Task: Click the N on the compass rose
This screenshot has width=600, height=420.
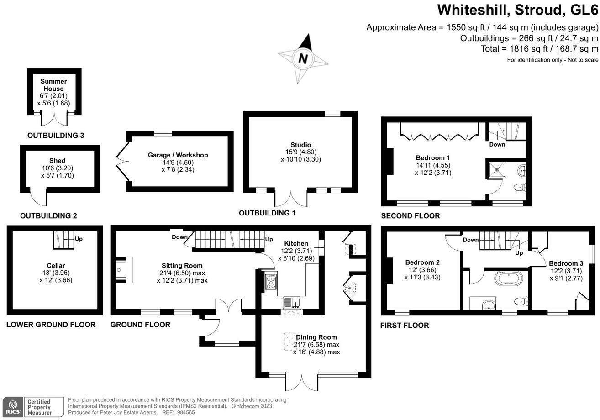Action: click(x=302, y=58)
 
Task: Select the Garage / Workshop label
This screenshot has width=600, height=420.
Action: click(x=178, y=155)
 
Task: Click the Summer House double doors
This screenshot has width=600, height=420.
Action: click(x=53, y=119)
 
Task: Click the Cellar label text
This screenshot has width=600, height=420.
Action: click(x=56, y=266)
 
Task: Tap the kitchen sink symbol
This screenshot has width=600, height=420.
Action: click(x=291, y=302)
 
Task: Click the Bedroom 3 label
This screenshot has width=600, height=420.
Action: click(x=566, y=263)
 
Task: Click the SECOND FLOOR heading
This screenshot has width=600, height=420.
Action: click(x=410, y=216)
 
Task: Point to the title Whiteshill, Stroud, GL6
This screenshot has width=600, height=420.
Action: click(x=517, y=10)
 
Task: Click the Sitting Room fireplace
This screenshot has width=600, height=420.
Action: click(x=122, y=270)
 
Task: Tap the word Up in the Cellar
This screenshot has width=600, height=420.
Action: click(x=79, y=239)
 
